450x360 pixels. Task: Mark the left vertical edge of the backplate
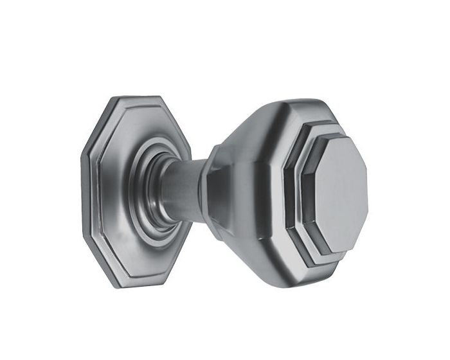click(85, 193)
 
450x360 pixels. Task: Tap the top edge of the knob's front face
click(341, 138)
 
